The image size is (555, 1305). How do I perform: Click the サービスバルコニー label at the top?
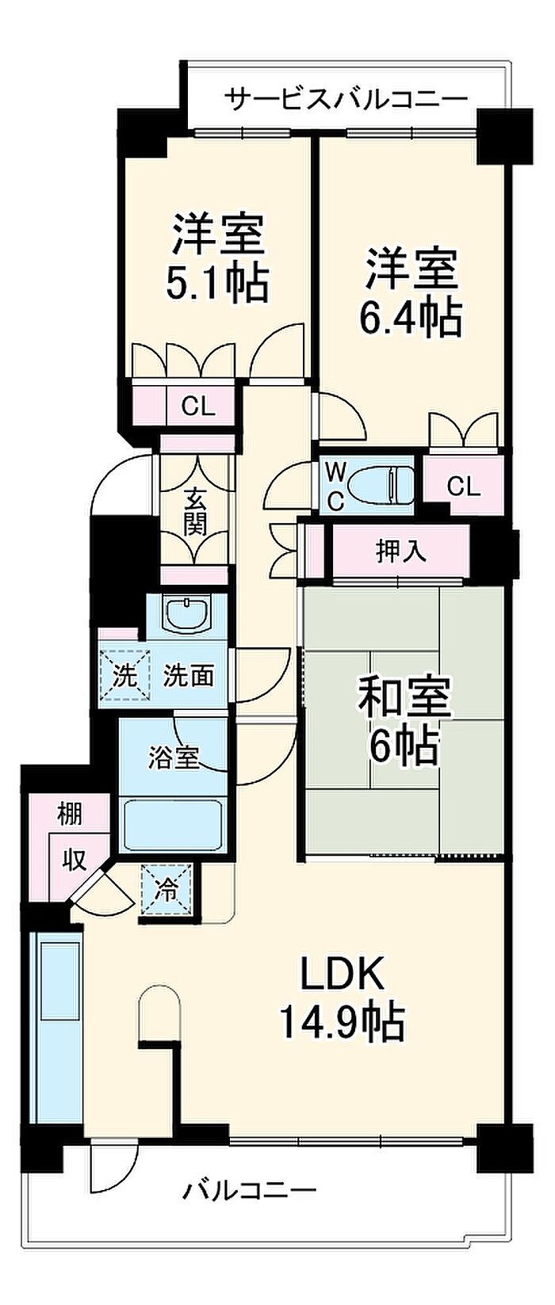tap(346, 99)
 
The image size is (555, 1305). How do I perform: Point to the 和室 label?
tap(404, 695)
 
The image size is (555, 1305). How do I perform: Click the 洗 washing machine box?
tap(124, 676)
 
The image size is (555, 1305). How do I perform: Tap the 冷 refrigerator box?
tap(167, 890)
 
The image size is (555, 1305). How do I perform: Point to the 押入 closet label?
tap(400, 551)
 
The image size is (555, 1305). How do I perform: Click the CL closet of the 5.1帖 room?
tap(197, 406)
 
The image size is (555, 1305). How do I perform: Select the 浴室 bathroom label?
tap(174, 757)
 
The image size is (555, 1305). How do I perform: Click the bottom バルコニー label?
tap(251, 1189)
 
